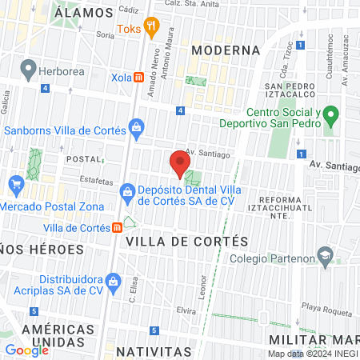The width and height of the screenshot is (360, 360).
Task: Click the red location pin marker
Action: point(178,164)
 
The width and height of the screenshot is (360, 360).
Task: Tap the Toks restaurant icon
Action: point(151,30)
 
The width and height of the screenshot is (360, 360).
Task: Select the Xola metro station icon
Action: point(139,78)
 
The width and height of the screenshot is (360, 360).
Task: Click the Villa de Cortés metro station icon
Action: point(118,227)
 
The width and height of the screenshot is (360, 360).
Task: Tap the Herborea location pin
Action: point(28,70)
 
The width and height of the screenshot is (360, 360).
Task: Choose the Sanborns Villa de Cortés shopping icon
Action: point(137,128)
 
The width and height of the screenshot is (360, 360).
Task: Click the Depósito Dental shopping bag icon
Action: point(126,191)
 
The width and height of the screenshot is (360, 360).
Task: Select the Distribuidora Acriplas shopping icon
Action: point(114,281)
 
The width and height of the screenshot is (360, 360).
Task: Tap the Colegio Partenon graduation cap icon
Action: point(325,257)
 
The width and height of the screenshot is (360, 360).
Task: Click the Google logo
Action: point(26,350)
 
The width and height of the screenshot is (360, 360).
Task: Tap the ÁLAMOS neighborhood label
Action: point(85,12)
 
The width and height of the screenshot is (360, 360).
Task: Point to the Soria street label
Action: point(105,35)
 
